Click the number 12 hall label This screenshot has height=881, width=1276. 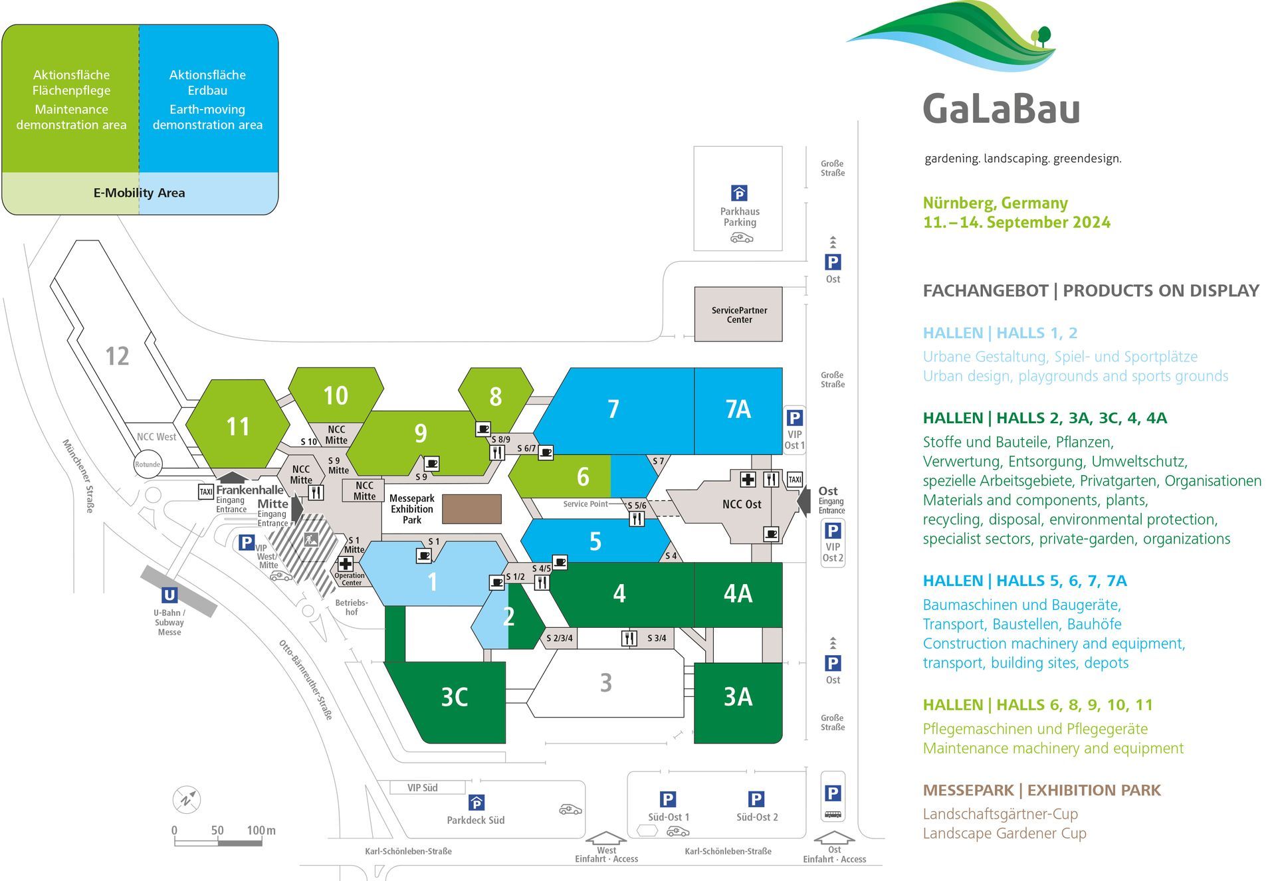[117, 356]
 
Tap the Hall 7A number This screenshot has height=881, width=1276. [738, 409]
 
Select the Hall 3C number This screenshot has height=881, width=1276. [455, 697]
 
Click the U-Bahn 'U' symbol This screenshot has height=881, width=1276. [169, 595]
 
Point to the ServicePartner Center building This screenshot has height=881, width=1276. [738, 314]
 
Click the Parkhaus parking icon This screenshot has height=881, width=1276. [739, 193]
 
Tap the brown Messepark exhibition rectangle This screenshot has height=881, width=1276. [471, 509]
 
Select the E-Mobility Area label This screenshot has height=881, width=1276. [139, 193]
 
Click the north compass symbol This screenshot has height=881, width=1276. [186, 799]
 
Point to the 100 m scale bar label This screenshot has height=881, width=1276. [261, 831]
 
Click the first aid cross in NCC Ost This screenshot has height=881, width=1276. [748, 479]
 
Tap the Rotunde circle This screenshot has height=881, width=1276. [148, 464]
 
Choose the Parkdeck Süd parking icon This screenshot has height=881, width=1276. [476, 803]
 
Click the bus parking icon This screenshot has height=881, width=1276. [833, 814]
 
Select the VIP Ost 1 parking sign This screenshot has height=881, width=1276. [794, 418]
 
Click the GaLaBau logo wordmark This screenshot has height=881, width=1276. [1001, 109]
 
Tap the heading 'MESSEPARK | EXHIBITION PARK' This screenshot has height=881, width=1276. [1041, 790]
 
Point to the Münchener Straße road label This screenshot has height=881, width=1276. [79, 476]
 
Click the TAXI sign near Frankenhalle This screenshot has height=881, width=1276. [206, 492]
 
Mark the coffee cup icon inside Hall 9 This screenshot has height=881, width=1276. [431, 463]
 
